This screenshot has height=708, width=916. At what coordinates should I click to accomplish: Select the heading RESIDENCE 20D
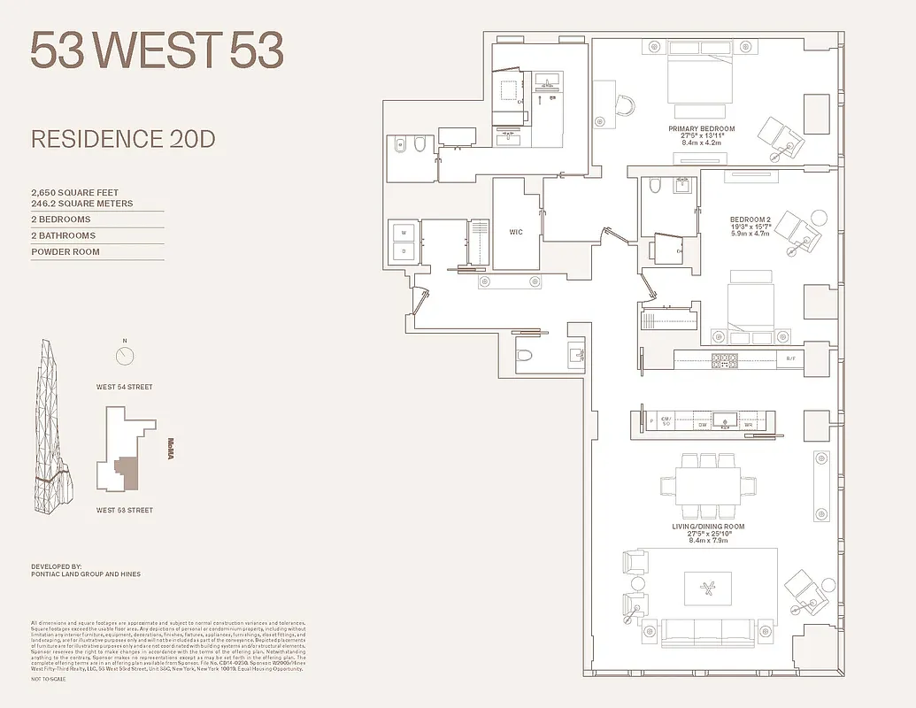(123, 139)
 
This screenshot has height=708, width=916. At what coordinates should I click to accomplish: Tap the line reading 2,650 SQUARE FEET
(75, 192)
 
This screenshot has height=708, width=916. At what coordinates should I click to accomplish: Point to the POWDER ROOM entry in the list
(65, 252)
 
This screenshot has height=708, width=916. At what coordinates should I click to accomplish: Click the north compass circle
(125, 356)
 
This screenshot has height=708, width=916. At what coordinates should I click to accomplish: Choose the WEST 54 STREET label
(125, 387)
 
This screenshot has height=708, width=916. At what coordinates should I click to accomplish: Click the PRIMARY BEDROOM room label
(701, 129)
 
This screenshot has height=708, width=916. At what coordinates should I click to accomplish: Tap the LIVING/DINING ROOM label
(707, 527)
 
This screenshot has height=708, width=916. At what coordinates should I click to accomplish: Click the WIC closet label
(516, 233)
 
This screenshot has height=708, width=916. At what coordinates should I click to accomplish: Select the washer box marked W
(404, 233)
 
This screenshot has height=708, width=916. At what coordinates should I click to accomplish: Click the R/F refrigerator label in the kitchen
(791, 358)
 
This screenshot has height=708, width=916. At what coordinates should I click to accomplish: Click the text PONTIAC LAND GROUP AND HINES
(86, 574)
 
